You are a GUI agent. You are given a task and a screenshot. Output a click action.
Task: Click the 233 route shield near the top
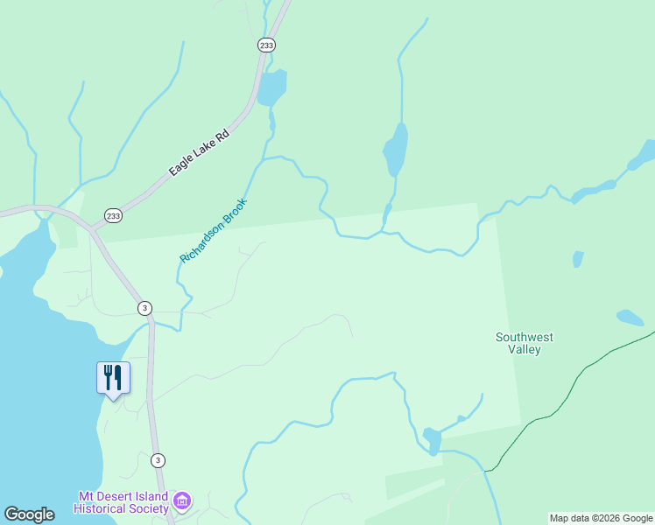click(266, 44)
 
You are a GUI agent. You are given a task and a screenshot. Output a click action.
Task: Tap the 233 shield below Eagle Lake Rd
click(113, 215)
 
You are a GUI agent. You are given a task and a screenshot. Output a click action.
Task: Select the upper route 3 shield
click(144, 308)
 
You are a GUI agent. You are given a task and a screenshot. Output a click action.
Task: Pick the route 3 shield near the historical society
click(158, 460)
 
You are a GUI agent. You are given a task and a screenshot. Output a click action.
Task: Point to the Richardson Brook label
click(214, 231)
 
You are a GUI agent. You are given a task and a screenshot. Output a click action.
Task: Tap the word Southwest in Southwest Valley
click(524, 337)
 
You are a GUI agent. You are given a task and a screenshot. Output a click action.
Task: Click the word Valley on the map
click(524, 350)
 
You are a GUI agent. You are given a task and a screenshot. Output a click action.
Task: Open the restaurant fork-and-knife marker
click(113, 378)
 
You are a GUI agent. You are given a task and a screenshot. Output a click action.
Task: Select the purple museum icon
click(182, 501)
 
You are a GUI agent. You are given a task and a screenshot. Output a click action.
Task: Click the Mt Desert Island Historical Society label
click(121, 502)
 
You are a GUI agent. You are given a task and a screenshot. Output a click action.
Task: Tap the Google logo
click(29, 514)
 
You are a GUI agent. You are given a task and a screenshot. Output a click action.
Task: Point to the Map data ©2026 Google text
click(601, 518)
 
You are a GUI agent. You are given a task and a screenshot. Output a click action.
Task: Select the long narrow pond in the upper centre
click(396, 150)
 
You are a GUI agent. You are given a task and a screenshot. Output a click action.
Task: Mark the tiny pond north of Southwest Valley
click(577, 259)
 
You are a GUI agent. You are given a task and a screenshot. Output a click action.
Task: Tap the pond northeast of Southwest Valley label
click(630, 317)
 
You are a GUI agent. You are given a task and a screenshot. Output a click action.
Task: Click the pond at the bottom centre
click(432, 440)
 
